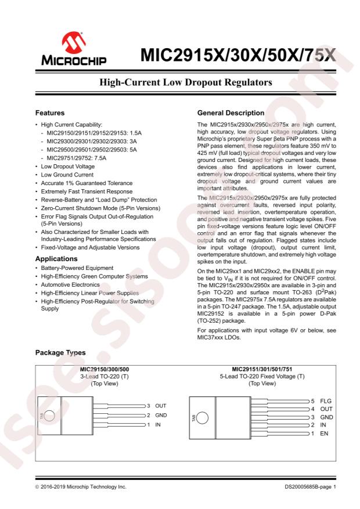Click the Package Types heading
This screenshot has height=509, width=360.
60,353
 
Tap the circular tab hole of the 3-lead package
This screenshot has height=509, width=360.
51,415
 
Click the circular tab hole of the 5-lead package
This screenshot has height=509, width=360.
202,417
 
